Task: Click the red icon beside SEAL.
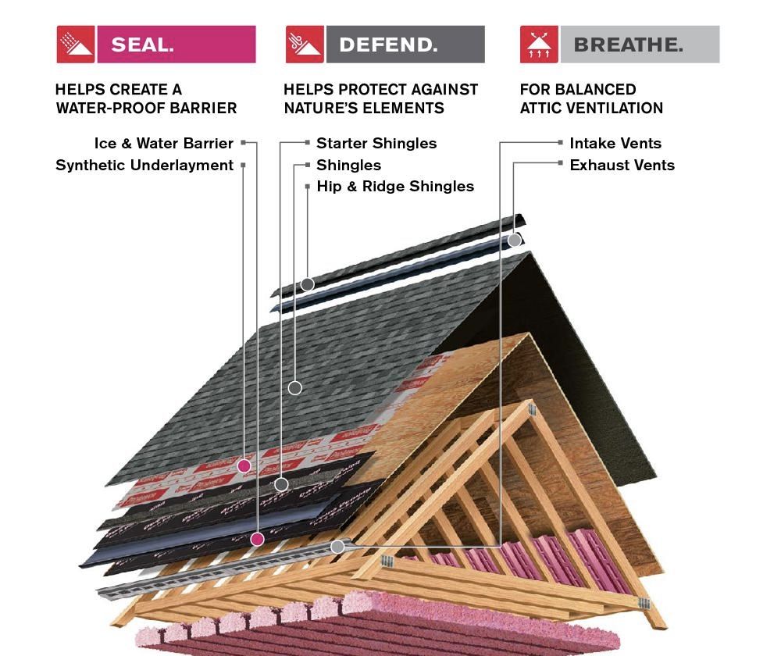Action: click(x=76, y=45)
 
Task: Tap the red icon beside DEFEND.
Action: click(x=305, y=45)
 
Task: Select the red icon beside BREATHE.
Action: click(x=539, y=45)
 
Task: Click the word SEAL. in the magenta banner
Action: click(x=142, y=45)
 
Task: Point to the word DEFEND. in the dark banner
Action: click(x=388, y=45)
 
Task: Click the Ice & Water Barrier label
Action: click(x=163, y=144)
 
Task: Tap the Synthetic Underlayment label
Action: click(x=144, y=166)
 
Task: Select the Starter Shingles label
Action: click(x=376, y=144)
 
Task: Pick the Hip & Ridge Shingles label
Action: click(x=395, y=187)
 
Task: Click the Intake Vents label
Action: click(x=615, y=144)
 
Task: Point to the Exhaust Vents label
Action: click(x=622, y=166)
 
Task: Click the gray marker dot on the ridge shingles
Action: click(x=308, y=284)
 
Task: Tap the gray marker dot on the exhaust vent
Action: click(x=515, y=241)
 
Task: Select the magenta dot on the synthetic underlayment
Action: click(x=244, y=466)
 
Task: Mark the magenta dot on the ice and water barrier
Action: click(x=257, y=539)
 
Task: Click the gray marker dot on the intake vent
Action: click(x=337, y=547)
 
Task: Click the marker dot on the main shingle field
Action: click(x=294, y=387)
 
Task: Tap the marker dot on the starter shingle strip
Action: click(x=281, y=484)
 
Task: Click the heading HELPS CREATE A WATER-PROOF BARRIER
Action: click(x=146, y=99)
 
